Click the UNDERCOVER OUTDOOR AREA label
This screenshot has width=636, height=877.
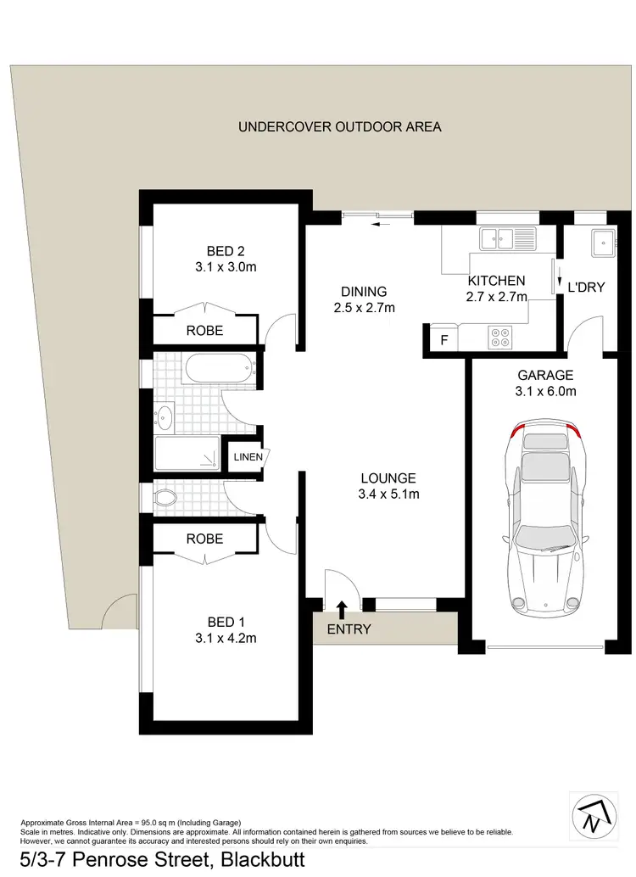[340, 127]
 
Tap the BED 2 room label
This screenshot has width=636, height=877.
[226, 250]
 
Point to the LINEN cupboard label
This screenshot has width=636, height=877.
[248, 458]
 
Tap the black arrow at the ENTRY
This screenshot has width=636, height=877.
[342, 608]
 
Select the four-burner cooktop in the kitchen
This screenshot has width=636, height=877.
[500, 338]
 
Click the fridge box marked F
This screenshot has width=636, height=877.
[442, 340]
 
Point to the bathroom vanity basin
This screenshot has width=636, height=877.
[164, 416]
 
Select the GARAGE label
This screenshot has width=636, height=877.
[545, 375]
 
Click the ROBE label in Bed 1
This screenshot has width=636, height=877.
[204, 539]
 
